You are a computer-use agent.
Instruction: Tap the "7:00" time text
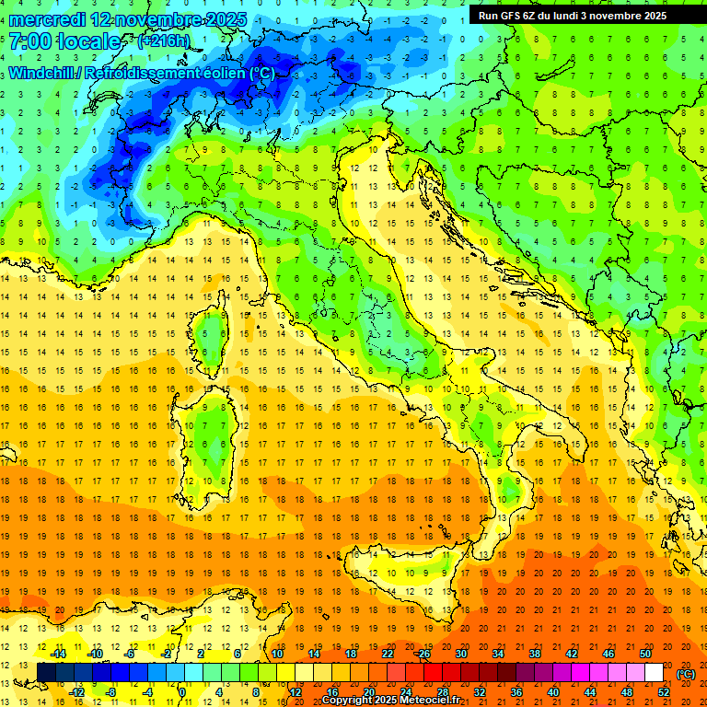point(29,41)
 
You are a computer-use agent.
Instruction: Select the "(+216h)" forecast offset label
point(163,41)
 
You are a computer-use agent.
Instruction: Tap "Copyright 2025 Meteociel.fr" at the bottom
point(390,701)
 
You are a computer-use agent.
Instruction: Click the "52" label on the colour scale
point(664,692)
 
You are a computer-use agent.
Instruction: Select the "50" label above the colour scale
point(645,654)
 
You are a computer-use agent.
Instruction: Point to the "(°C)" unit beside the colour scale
point(686,674)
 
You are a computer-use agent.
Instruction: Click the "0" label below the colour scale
point(182,692)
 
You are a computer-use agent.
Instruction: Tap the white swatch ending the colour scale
point(655,673)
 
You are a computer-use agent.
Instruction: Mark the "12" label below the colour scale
point(296,692)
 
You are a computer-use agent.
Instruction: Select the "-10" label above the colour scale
point(95,654)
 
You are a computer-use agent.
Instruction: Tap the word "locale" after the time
point(90,41)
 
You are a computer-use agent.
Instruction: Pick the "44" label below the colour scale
point(590,692)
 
